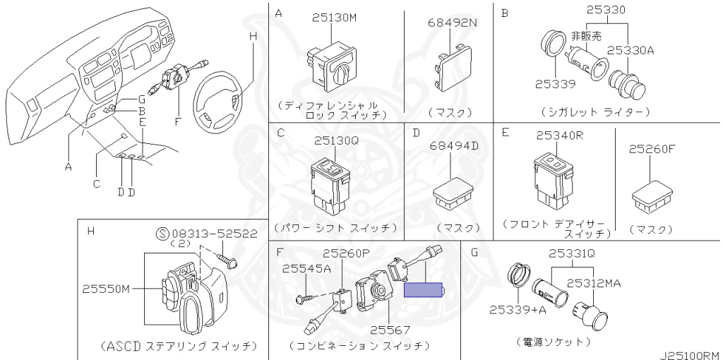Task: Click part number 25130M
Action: click(x=334, y=18)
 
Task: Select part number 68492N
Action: click(x=452, y=22)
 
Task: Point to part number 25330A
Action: click(x=631, y=51)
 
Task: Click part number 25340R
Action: click(x=560, y=136)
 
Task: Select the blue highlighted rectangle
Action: click(x=424, y=290)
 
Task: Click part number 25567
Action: click(x=390, y=330)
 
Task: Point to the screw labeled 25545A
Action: click(x=306, y=299)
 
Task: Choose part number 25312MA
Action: click(x=593, y=283)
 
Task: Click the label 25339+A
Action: click(x=518, y=309)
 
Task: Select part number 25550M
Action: click(x=106, y=289)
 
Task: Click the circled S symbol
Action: click(x=163, y=234)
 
